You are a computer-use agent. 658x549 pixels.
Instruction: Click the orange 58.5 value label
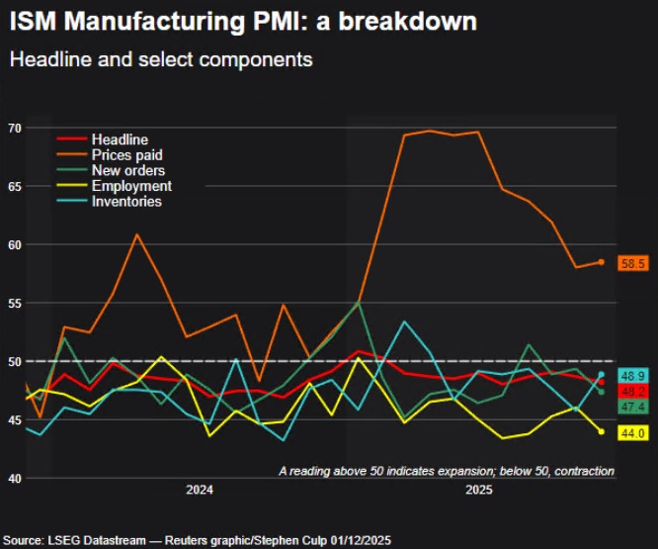[x=633, y=263]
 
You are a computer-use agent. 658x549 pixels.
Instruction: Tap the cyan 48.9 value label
[x=633, y=376]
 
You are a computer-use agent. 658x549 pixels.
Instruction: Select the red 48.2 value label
[x=633, y=392]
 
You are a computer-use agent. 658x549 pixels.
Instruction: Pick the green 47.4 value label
[x=633, y=407]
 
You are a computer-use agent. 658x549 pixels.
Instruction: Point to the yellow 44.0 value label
[x=633, y=433]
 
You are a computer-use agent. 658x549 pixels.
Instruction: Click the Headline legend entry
[x=103, y=139]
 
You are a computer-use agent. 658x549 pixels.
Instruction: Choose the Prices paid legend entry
[x=110, y=154]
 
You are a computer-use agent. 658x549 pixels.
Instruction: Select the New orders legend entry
[x=112, y=170]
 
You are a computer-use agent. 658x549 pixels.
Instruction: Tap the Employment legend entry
[x=115, y=186]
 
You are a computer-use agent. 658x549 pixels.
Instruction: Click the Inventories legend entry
[x=110, y=201]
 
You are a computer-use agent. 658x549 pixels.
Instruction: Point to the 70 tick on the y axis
[x=15, y=129]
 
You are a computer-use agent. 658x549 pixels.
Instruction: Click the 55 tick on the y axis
[x=15, y=304]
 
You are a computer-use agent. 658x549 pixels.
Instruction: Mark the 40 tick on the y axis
[x=15, y=479]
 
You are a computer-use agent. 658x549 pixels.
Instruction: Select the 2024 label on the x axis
[x=200, y=490]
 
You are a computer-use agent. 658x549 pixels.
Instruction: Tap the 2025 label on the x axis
[x=479, y=490]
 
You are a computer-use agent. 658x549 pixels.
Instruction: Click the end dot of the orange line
[x=602, y=262]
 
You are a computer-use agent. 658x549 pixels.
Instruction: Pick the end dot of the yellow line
[x=602, y=432]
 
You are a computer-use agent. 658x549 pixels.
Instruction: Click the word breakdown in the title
[x=408, y=21]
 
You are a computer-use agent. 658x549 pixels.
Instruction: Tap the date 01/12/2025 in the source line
[x=361, y=540]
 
